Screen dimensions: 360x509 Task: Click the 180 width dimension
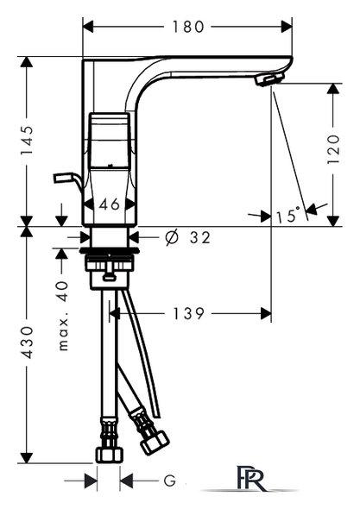point(188,27)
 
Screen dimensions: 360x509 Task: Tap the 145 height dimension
point(27,140)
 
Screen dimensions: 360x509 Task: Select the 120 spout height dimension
point(333,149)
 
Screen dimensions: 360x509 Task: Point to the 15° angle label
point(287,215)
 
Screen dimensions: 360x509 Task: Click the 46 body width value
point(110,204)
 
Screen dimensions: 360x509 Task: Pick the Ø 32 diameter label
point(188,237)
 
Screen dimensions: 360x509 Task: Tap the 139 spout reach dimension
point(188,313)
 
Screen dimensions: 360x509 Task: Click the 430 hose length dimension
point(27,342)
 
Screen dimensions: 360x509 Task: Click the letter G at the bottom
point(169,481)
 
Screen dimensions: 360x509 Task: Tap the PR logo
point(250,479)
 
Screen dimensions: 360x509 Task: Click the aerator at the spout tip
point(269,79)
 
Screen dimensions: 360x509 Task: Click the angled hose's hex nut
point(155,443)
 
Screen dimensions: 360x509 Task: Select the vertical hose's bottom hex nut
point(110,454)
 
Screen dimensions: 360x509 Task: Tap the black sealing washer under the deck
point(109,250)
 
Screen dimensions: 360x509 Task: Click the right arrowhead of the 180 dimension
point(287,27)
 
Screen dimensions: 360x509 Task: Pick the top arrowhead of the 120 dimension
point(333,89)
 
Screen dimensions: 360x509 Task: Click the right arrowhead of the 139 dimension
point(266,313)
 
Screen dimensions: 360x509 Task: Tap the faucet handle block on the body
point(110,141)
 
